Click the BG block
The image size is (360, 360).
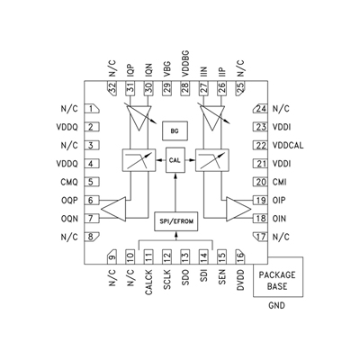point(176,132)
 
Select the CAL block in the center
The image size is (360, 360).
point(176,162)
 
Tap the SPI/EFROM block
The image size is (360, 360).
point(176,221)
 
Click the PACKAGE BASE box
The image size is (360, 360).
point(280,280)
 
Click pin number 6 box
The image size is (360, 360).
point(93,201)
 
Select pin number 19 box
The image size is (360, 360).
point(261,201)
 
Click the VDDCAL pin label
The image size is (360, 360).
point(288,145)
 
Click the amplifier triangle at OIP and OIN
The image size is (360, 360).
point(238,210)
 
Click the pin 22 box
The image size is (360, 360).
point(261,145)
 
